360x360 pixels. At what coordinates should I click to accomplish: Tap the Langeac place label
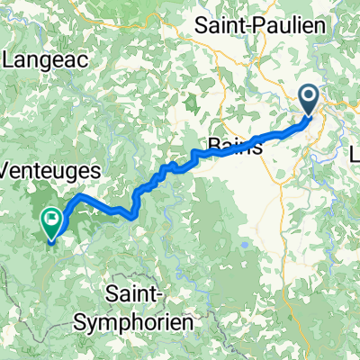pos(44,60)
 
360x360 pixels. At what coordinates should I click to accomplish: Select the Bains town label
pos(235,147)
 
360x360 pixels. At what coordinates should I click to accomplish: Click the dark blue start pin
pos(309,101)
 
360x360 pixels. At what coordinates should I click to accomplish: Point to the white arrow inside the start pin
pos(309,95)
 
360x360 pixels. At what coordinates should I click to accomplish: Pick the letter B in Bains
pos(212,147)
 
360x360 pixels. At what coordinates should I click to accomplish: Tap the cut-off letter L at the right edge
pos(355,156)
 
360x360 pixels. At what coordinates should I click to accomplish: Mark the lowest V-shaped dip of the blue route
pos(134,215)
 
